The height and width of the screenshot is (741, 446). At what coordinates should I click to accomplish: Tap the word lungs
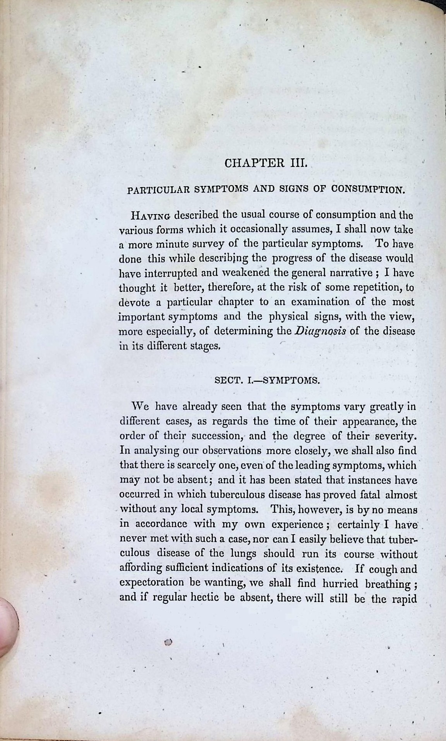[x=244, y=554]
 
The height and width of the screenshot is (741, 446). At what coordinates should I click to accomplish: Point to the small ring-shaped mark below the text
[x=168, y=642]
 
